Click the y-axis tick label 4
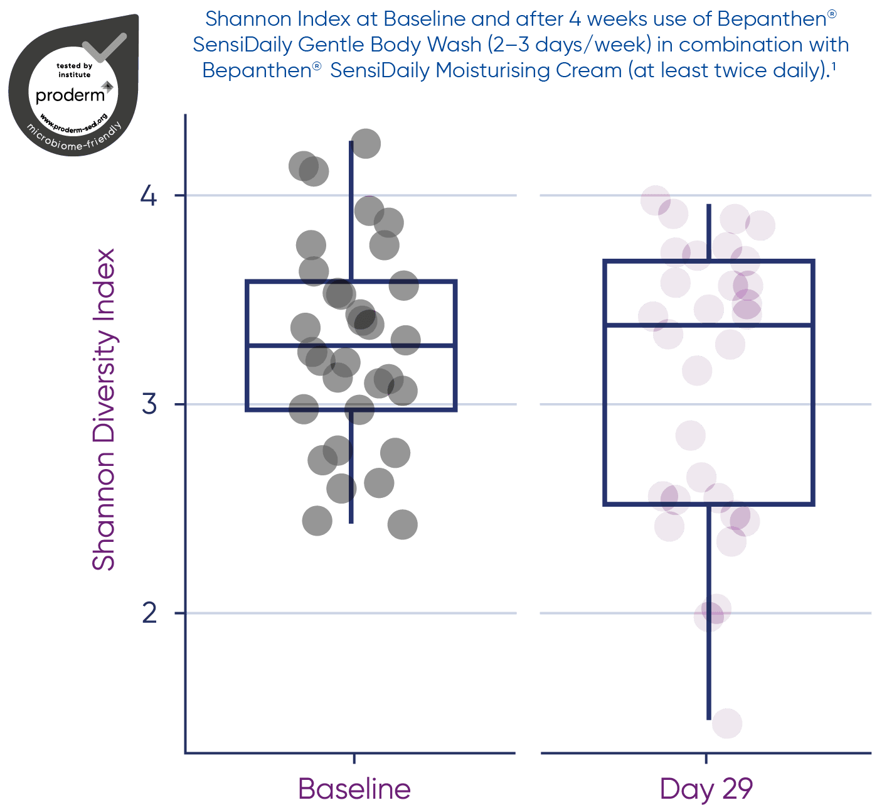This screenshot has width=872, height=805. (x=149, y=195)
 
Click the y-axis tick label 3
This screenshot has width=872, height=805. (x=149, y=404)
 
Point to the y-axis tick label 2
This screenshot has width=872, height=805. (x=149, y=613)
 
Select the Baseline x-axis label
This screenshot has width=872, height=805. (x=354, y=789)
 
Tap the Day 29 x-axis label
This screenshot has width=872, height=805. (x=706, y=789)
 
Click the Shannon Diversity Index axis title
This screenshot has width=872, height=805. (x=104, y=409)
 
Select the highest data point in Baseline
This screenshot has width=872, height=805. (x=366, y=144)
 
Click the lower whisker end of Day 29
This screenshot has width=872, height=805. (x=709, y=718)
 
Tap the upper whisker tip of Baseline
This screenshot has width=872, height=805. (x=351, y=142)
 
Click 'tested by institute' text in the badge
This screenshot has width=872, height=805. (x=74, y=70)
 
